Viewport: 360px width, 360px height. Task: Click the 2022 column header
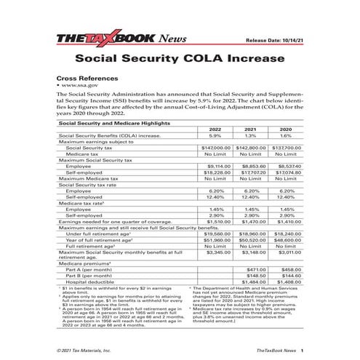(215, 129)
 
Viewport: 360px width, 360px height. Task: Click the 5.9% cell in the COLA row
(215, 135)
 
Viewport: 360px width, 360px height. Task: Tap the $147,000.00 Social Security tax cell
(215, 147)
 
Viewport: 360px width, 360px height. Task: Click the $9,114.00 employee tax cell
(215, 165)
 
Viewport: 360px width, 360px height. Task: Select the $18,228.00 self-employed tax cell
(215, 172)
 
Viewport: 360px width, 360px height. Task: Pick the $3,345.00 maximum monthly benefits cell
(215, 253)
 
